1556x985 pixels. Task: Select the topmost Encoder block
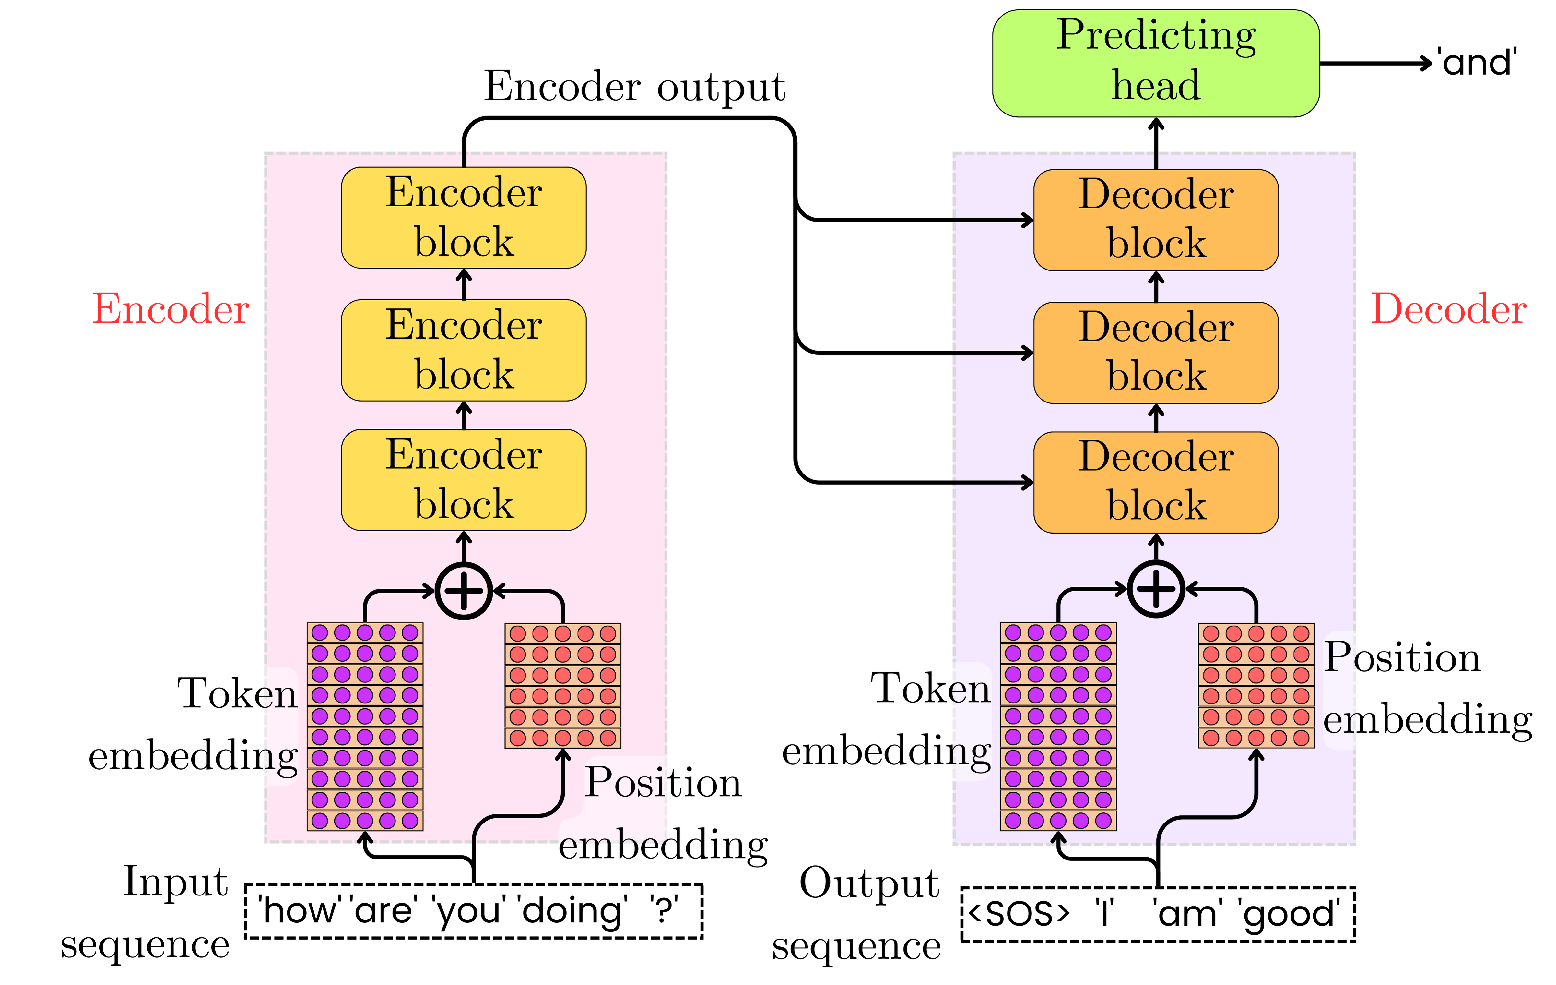pos(463,218)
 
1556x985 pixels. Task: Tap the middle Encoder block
pos(463,350)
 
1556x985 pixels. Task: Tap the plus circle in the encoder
pos(463,591)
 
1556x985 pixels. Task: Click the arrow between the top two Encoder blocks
pos(463,284)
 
